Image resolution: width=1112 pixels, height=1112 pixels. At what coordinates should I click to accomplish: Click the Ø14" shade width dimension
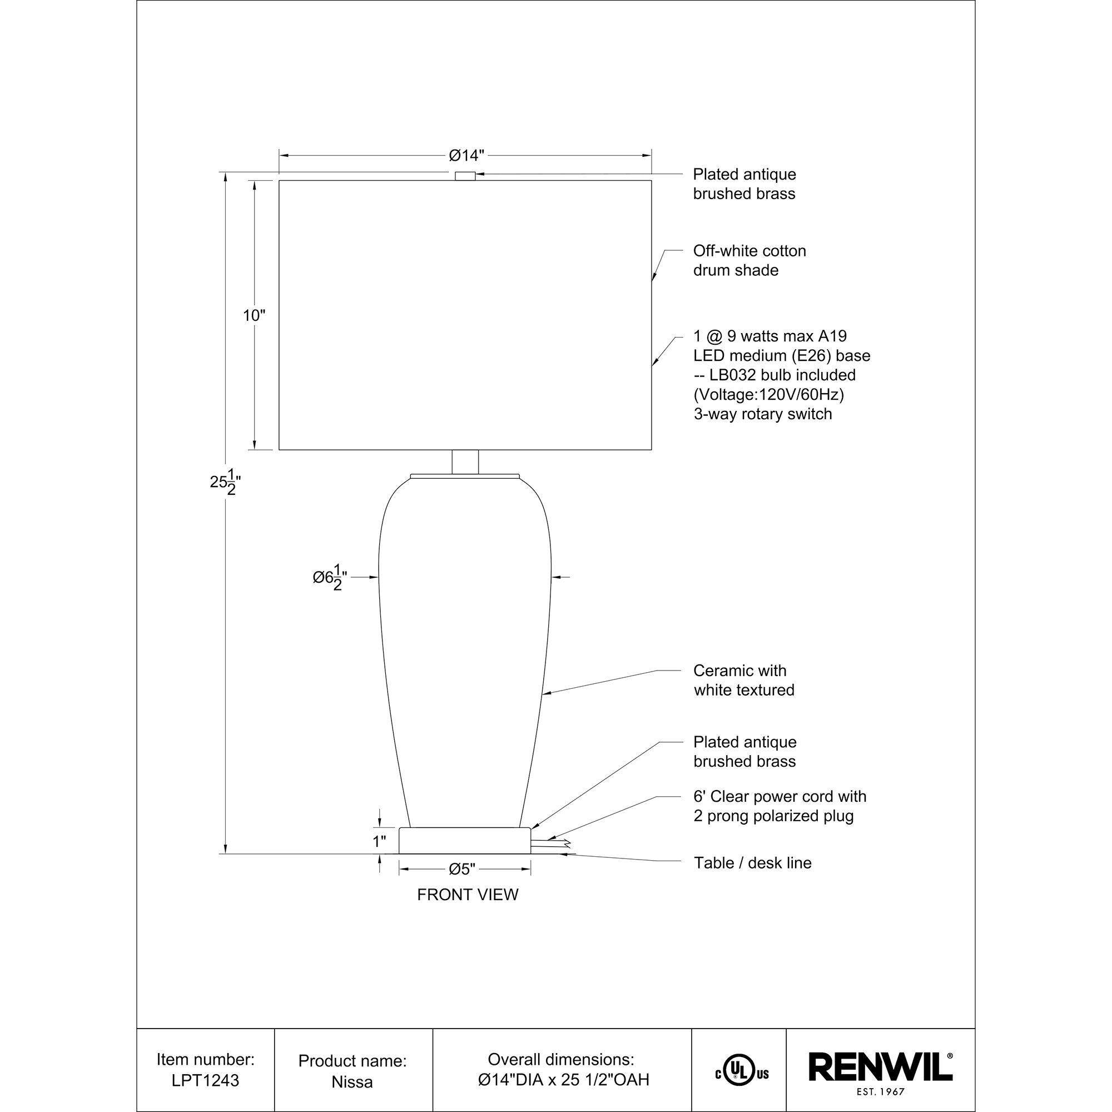pyautogui.click(x=466, y=156)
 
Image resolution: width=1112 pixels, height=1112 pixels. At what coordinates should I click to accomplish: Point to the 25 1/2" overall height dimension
pyautogui.click(x=224, y=481)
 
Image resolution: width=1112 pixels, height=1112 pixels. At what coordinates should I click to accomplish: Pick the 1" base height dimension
pyautogui.click(x=379, y=841)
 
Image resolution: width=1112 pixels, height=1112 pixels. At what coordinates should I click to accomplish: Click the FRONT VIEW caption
pyautogui.click(x=468, y=895)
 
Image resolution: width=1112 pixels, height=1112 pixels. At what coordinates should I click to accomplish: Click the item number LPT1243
pyautogui.click(x=206, y=1080)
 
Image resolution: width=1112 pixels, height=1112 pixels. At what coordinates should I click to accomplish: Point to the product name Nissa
pyautogui.click(x=352, y=1081)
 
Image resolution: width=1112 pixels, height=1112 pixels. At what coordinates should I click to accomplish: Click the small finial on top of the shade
pyautogui.click(x=465, y=176)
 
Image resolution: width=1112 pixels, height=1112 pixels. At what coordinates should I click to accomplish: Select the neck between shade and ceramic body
pyautogui.click(x=465, y=461)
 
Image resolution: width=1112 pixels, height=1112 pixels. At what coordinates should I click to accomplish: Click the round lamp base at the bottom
pyautogui.click(x=464, y=840)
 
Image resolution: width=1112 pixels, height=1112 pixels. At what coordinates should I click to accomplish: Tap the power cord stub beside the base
pyautogui.click(x=550, y=844)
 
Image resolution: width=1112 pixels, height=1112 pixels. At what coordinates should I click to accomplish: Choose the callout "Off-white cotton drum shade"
pyautogui.click(x=749, y=260)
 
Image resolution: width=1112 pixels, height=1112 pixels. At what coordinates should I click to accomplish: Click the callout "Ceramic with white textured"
pyautogui.click(x=743, y=680)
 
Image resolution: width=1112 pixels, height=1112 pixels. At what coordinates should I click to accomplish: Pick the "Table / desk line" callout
pyautogui.click(x=752, y=863)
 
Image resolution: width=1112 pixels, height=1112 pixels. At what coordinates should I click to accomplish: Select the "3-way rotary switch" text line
pyautogui.click(x=763, y=414)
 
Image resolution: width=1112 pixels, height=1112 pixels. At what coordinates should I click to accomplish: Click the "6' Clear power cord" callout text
pyautogui.click(x=780, y=797)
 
